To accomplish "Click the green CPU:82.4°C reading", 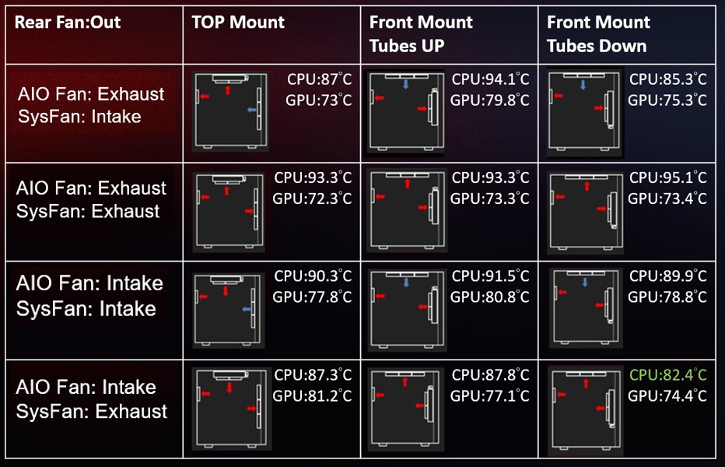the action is pos(668,374).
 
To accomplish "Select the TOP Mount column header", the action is pos(238,23).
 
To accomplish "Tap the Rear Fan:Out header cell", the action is pos(68,23).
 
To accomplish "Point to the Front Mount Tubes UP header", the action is pos(421,33).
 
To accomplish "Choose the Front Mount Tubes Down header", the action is pos(598,33).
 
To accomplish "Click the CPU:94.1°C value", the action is pos(491,79).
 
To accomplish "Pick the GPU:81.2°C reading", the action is pos(312,395).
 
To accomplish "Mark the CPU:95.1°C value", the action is pos(668,177).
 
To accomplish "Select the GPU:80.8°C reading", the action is pos(490,297).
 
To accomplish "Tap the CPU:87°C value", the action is pos(320,79).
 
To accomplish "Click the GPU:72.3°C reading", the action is pos(312,198).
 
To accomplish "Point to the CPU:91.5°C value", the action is pos(491,276).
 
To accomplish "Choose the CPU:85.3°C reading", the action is pos(668,79).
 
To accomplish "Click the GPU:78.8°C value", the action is pos(667,297).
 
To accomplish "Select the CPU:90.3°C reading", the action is pos(313,276).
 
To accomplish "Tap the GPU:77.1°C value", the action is pos(490,395).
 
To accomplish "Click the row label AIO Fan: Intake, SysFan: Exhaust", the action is pos(92,399).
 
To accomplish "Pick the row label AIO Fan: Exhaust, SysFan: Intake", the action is pos(90,105).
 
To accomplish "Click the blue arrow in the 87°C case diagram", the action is pos(251,110).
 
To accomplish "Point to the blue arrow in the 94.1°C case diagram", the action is pos(405,84).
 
